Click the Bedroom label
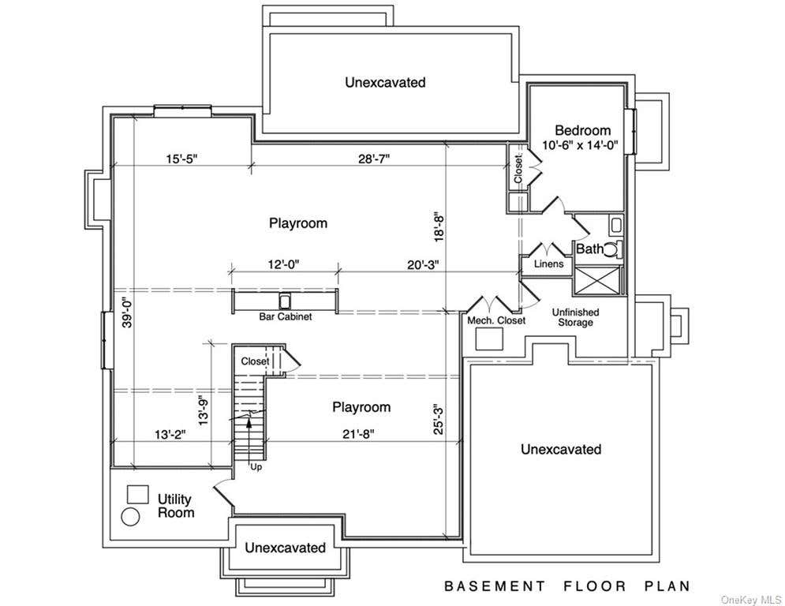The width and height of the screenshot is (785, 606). click(583, 130)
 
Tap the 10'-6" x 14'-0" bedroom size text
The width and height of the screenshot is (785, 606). click(581, 145)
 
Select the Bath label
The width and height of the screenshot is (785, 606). click(590, 249)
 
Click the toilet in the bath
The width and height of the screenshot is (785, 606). click(613, 249)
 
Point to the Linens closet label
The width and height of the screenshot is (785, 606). click(548, 264)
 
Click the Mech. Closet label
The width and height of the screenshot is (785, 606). click(496, 320)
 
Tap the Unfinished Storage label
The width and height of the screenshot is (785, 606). click(575, 317)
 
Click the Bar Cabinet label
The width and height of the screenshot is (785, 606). click(286, 316)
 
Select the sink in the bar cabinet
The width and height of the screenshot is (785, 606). click(284, 301)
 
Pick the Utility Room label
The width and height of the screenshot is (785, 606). click(176, 506)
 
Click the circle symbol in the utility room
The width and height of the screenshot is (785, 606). click(131, 517)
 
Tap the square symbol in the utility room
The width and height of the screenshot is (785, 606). click(138, 494)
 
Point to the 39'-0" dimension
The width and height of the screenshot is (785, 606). click(127, 313)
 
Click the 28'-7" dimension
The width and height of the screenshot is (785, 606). click(374, 159)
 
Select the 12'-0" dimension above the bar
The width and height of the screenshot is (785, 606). click(284, 264)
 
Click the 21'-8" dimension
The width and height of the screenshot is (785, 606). click(358, 434)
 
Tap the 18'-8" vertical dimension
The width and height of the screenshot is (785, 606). click(439, 228)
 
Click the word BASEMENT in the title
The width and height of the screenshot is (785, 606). click(495, 586)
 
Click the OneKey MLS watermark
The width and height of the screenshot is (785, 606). click(751, 600)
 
